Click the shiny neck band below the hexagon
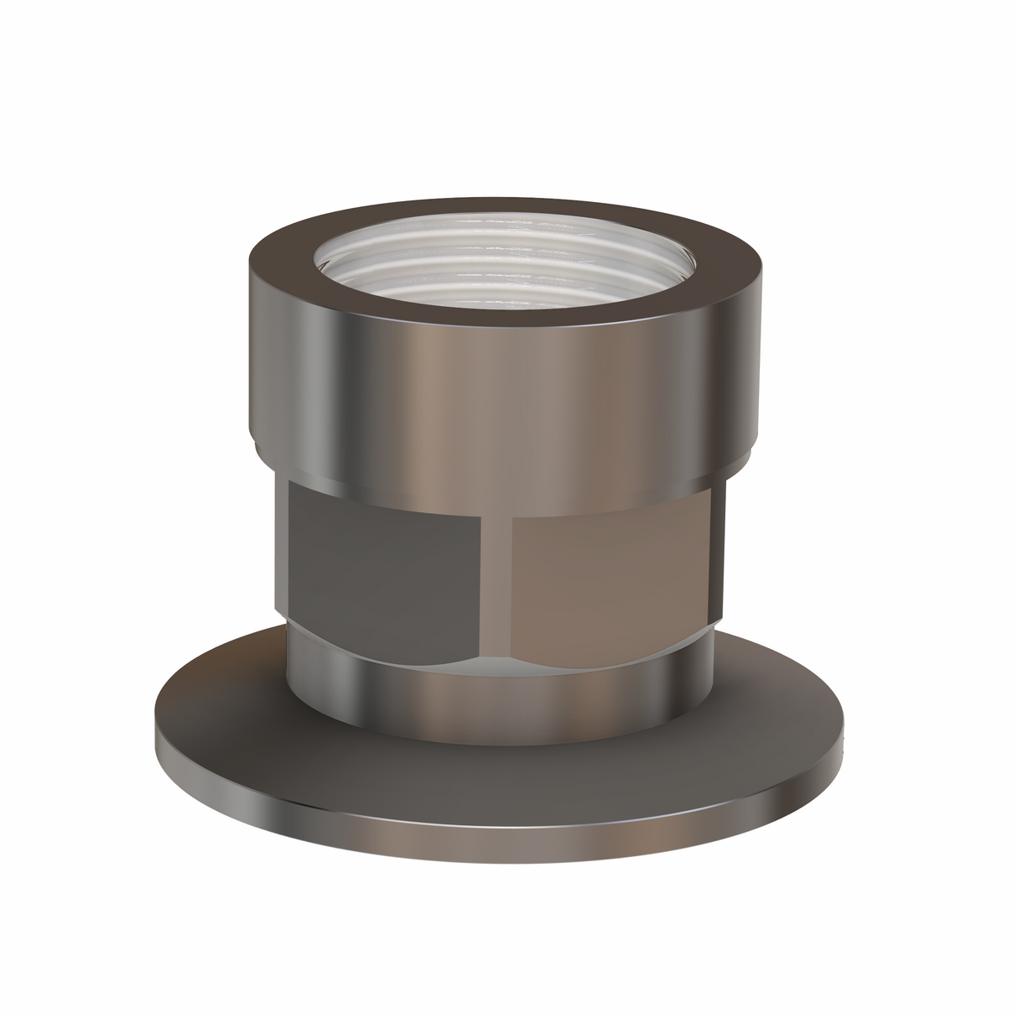(x=503, y=683)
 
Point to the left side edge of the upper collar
(x=250, y=352)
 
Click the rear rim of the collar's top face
(x=503, y=206)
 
